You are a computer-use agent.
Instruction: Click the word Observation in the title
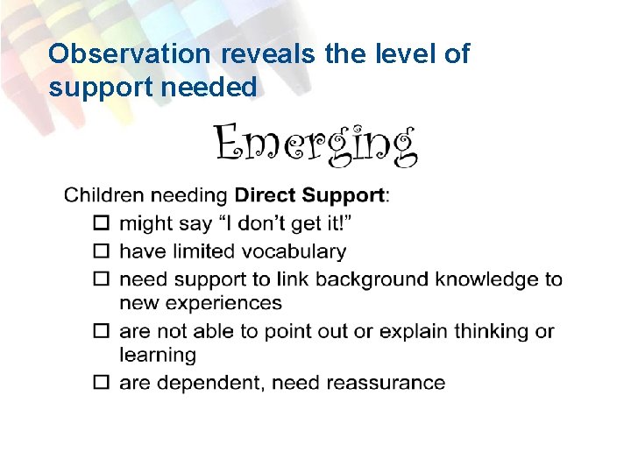[x=129, y=54]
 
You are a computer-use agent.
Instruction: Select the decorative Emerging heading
[x=315, y=145]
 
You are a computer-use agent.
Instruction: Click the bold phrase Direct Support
[x=309, y=195]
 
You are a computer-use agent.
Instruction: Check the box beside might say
[x=102, y=224]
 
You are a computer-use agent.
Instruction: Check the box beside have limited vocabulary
[x=102, y=252]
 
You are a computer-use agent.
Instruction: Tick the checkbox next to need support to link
[x=102, y=280]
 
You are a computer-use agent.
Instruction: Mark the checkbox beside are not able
[x=102, y=332]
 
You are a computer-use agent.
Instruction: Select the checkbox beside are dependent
[x=102, y=384]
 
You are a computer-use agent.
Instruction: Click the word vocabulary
[x=294, y=252]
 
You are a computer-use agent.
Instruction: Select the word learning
[x=158, y=356]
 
